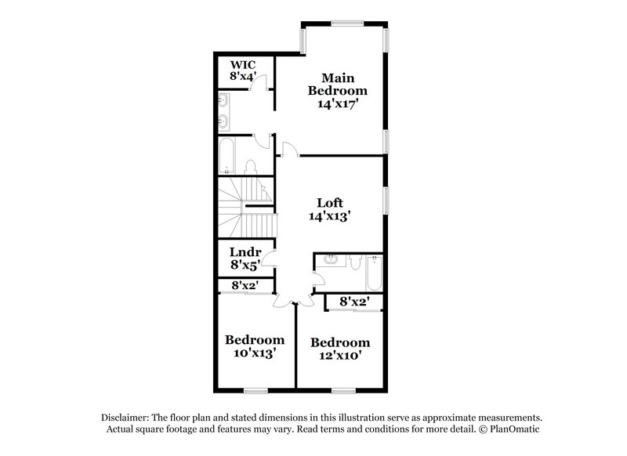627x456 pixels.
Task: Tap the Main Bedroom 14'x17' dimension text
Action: (x=338, y=103)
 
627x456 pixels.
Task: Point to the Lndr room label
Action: (x=244, y=252)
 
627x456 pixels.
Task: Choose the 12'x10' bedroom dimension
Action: (x=339, y=356)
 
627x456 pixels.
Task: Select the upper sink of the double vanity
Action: (x=224, y=100)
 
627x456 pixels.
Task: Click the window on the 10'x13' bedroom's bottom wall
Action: (x=256, y=390)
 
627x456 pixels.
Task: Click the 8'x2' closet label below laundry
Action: (x=245, y=286)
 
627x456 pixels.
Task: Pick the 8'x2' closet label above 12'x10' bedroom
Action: (x=354, y=301)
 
